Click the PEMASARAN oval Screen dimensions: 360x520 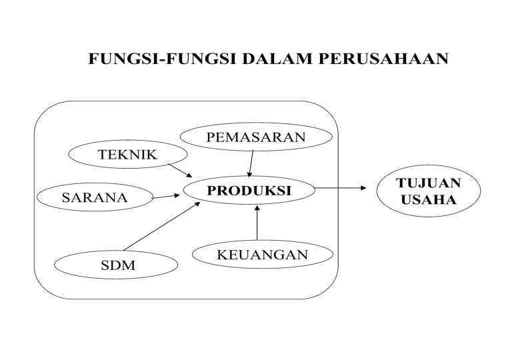pyautogui.click(x=255, y=138)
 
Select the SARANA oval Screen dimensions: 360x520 pyautogui.click(x=94, y=197)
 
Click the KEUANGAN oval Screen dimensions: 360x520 pyautogui.click(x=262, y=255)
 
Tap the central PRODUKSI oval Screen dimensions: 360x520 pyautogui.click(x=249, y=190)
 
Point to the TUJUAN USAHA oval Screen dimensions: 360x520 pyautogui.click(x=419, y=191)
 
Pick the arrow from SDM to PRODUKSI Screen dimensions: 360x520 pyautogui.click(x=163, y=227)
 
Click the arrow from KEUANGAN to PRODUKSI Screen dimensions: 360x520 pyautogui.click(x=257, y=225)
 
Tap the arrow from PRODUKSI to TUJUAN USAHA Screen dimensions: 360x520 pyautogui.click(x=340, y=188)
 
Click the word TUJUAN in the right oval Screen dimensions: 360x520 pyautogui.click(x=419, y=182)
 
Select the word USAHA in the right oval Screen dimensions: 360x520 pyautogui.click(x=419, y=199)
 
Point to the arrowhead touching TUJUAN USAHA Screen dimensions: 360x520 pyautogui.click(x=363, y=188)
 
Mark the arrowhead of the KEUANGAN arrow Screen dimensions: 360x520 pyautogui.click(x=257, y=209)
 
